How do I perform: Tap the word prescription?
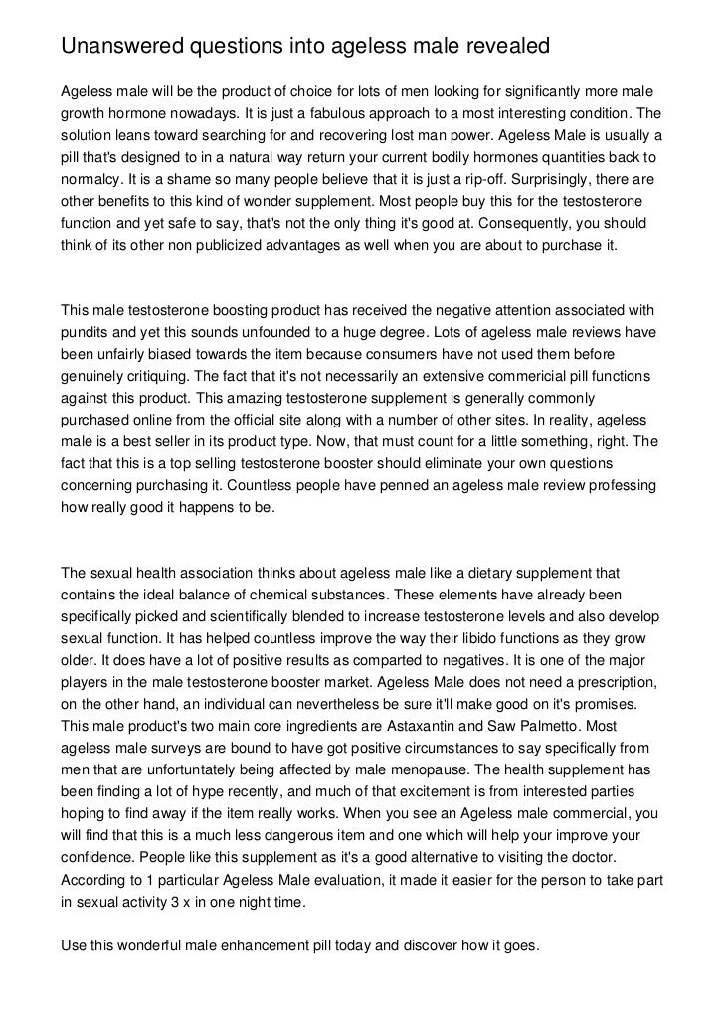612,682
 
